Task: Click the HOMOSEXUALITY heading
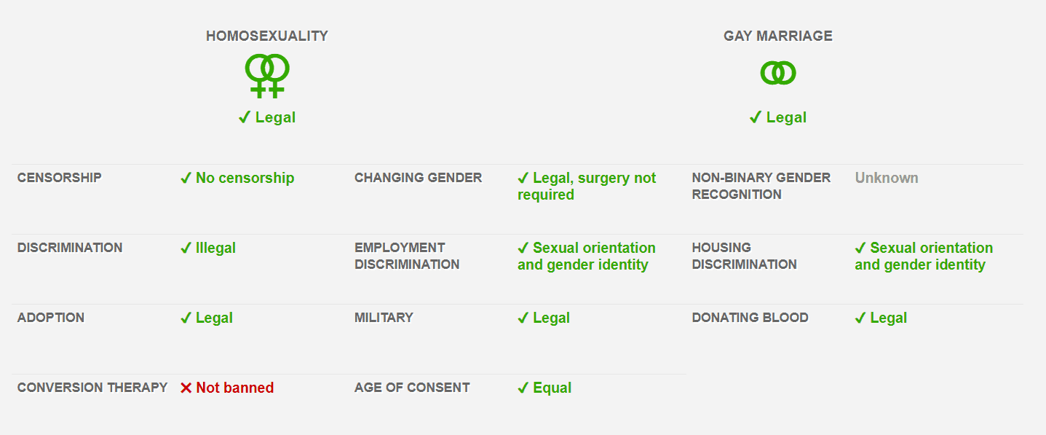[266, 36]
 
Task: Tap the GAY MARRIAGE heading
[777, 36]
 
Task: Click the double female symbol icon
[266, 76]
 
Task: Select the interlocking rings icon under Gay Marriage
[777, 73]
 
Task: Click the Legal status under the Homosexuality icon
[267, 117]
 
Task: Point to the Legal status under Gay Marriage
[778, 117]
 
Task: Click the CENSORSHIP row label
[60, 178]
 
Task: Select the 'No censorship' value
[237, 178]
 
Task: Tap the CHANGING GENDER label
[418, 178]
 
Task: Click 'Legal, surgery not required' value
[586, 186]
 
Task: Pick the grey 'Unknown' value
[886, 178]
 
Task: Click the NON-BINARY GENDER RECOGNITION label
[761, 186]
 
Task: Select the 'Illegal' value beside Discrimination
[208, 248]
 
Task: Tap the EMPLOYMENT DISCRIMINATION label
[407, 256]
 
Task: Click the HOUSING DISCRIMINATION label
[744, 256]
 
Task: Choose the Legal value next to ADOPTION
[207, 318]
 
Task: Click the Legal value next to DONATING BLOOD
[881, 318]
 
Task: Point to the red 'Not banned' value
[227, 388]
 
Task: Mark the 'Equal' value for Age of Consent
[544, 388]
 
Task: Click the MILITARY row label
[384, 318]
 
